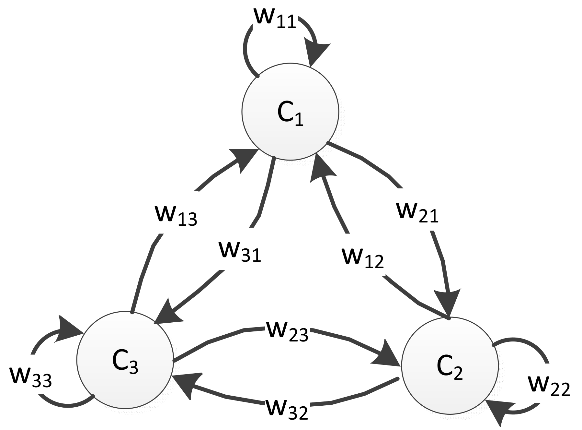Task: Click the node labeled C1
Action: [290, 112]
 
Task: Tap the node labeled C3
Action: [125, 360]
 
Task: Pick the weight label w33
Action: [31, 378]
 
